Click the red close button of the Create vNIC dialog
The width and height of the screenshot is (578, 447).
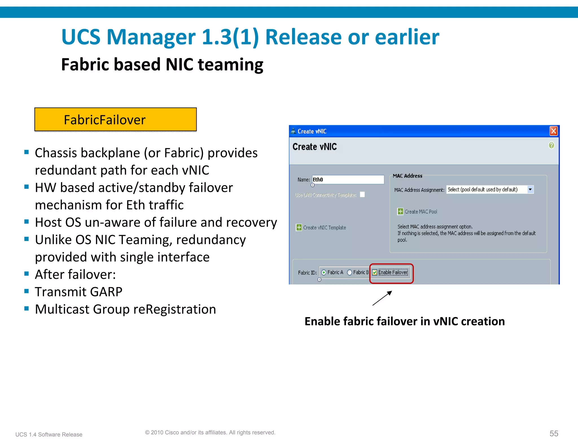coord(553,131)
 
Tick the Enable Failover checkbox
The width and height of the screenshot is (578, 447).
coord(375,272)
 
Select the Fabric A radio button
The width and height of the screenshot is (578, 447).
coord(324,272)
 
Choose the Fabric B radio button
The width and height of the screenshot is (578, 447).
coord(350,272)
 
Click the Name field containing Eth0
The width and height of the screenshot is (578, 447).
coord(348,180)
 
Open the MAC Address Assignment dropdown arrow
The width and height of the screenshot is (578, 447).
coord(530,190)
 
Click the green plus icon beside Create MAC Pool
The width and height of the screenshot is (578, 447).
coord(400,211)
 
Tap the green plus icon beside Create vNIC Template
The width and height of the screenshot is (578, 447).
coord(299,227)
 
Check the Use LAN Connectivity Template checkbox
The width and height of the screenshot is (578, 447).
coord(362,194)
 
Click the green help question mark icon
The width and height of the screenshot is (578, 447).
coord(551,145)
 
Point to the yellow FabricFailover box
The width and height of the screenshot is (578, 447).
coord(115,120)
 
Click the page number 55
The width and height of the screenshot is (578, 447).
coord(554,433)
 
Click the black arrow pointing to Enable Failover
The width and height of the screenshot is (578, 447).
coord(382,298)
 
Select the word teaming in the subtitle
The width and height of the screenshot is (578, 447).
coord(231,65)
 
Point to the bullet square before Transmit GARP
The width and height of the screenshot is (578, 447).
coord(27,291)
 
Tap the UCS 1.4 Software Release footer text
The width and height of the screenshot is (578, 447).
coord(49,435)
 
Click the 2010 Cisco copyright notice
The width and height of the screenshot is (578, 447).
coord(210,432)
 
